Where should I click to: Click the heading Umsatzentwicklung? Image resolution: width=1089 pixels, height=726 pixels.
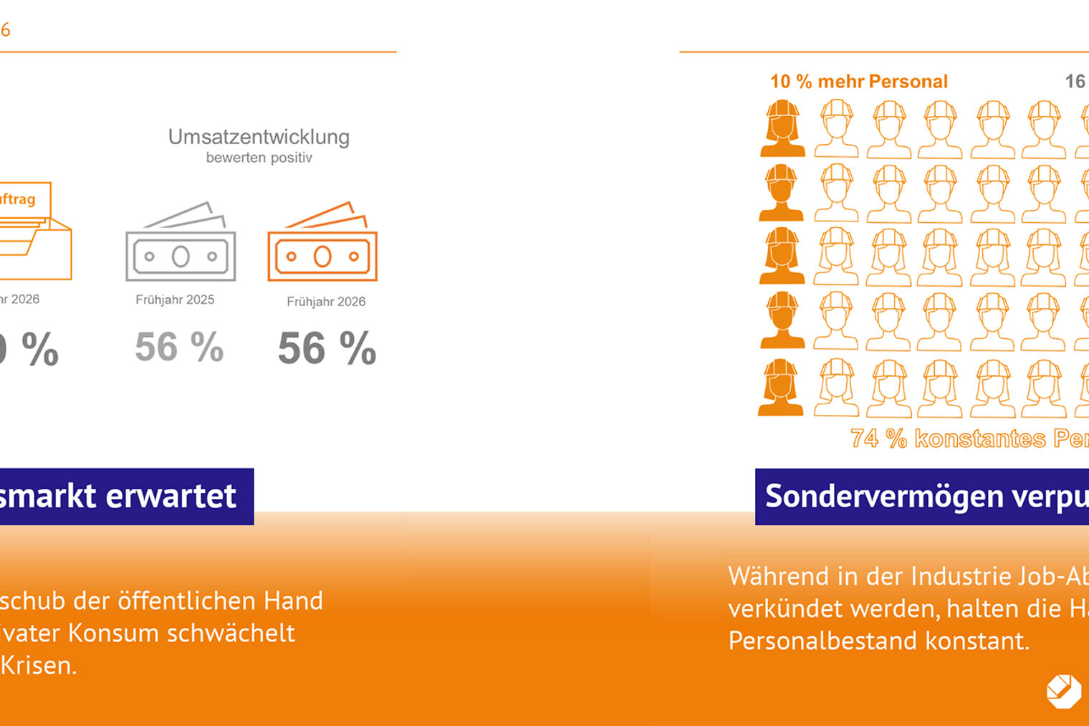click(x=259, y=137)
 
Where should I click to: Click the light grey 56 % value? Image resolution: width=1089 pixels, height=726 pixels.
click(x=179, y=348)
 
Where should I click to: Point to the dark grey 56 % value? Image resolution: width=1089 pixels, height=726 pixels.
click(x=327, y=349)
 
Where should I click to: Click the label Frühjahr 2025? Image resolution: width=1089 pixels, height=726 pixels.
click(x=175, y=300)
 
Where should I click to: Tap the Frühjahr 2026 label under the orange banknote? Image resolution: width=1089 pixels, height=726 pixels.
click(x=326, y=302)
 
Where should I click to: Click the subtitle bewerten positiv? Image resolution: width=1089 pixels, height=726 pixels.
click(x=259, y=158)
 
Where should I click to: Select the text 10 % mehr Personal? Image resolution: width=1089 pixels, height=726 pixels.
click(x=858, y=82)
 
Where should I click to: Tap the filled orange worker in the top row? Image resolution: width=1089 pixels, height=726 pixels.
click(x=782, y=128)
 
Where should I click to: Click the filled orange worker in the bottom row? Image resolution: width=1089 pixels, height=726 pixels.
click(x=781, y=388)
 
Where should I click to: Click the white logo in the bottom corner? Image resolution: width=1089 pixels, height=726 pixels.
click(x=1064, y=691)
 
